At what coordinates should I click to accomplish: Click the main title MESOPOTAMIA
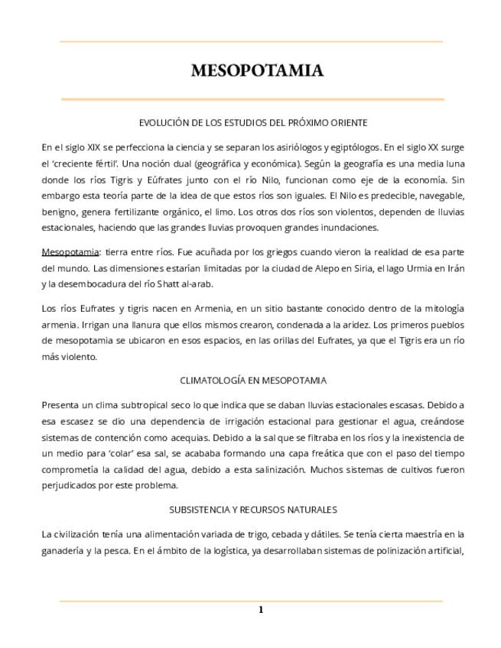(257, 71)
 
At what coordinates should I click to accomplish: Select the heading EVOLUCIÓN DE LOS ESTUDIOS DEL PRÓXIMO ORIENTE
(252, 122)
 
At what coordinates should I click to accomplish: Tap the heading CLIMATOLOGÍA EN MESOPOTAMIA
(252, 380)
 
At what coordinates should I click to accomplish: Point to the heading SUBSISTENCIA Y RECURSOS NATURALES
(252, 509)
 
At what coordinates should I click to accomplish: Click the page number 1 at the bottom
(260, 610)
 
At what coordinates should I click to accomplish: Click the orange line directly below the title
(252, 99)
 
